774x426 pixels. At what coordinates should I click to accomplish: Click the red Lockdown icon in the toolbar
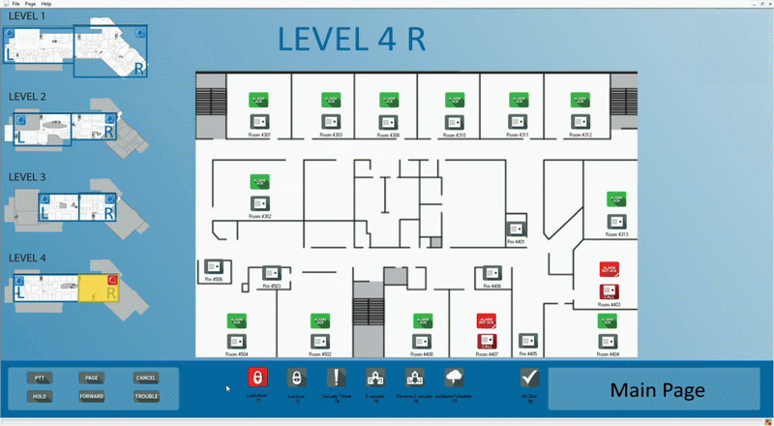(x=257, y=379)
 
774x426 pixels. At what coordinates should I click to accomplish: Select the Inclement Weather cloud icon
(x=454, y=379)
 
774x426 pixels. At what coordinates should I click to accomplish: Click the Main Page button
(x=657, y=390)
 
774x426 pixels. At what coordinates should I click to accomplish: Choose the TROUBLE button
(x=146, y=396)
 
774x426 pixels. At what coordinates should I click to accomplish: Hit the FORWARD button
(x=92, y=396)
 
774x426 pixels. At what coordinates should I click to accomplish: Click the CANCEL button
(x=146, y=378)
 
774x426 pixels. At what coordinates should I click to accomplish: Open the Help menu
(x=46, y=4)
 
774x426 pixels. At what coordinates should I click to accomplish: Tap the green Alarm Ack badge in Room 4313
(x=617, y=199)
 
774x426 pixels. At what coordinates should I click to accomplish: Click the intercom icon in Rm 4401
(x=517, y=229)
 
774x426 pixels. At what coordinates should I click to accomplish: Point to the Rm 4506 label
(x=213, y=279)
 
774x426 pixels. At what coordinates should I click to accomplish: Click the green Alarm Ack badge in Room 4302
(x=260, y=182)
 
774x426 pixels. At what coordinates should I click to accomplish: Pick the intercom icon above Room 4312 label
(x=580, y=121)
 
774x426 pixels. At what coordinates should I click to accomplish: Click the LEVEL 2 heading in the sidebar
(x=27, y=97)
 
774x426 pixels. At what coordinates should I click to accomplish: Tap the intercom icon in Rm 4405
(x=527, y=341)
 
